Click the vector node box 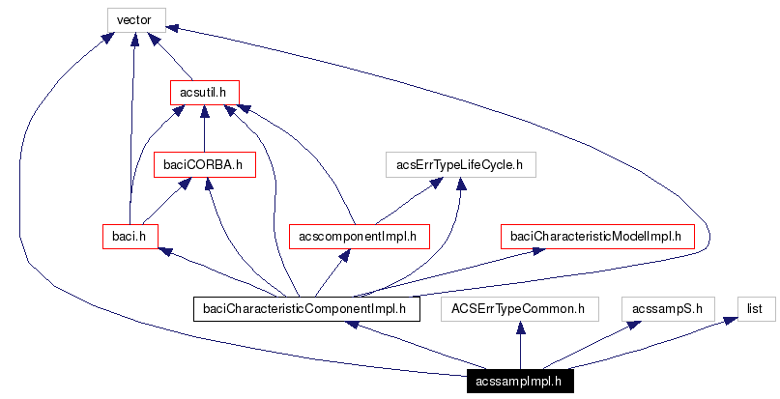[x=135, y=19]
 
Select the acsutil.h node [x=203, y=92]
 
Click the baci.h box [x=130, y=236]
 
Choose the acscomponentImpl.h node [x=359, y=236]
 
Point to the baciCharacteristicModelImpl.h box [x=595, y=236]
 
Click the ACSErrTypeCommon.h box [x=520, y=309]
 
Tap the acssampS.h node [x=667, y=309]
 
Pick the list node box [x=757, y=309]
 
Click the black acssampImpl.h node [x=520, y=382]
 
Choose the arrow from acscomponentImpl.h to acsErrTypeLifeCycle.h [x=406, y=201]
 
